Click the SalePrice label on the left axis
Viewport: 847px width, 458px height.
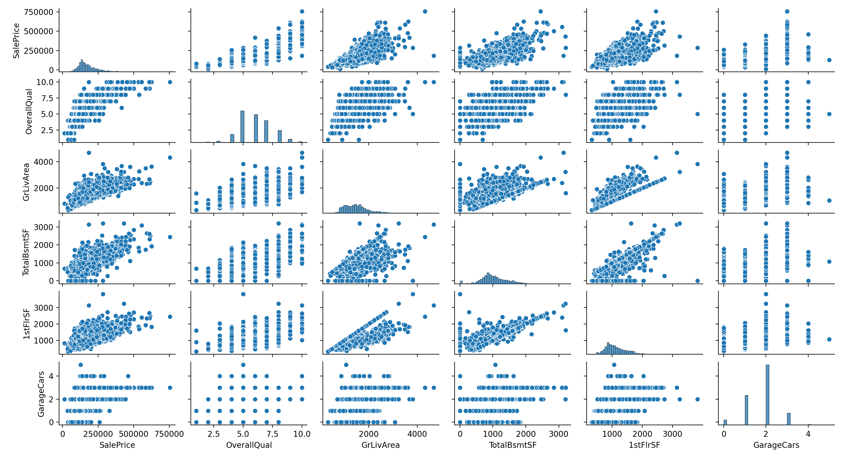click(16, 41)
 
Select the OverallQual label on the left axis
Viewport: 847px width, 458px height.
click(29, 111)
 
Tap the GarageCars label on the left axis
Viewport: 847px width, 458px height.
click(41, 394)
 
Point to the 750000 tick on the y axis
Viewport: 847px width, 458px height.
click(39, 12)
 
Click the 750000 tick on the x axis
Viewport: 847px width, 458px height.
click(169, 434)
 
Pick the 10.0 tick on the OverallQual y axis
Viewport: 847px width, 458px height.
click(45, 82)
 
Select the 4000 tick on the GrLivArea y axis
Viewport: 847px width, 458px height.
click(44, 162)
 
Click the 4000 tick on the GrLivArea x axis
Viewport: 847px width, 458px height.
click(417, 434)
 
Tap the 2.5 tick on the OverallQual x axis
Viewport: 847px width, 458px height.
click(214, 434)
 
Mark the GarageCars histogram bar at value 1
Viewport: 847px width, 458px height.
click(746, 410)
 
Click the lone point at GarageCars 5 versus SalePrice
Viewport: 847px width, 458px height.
click(829, 60)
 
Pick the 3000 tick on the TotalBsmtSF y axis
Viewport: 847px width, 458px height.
click(44, 227)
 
